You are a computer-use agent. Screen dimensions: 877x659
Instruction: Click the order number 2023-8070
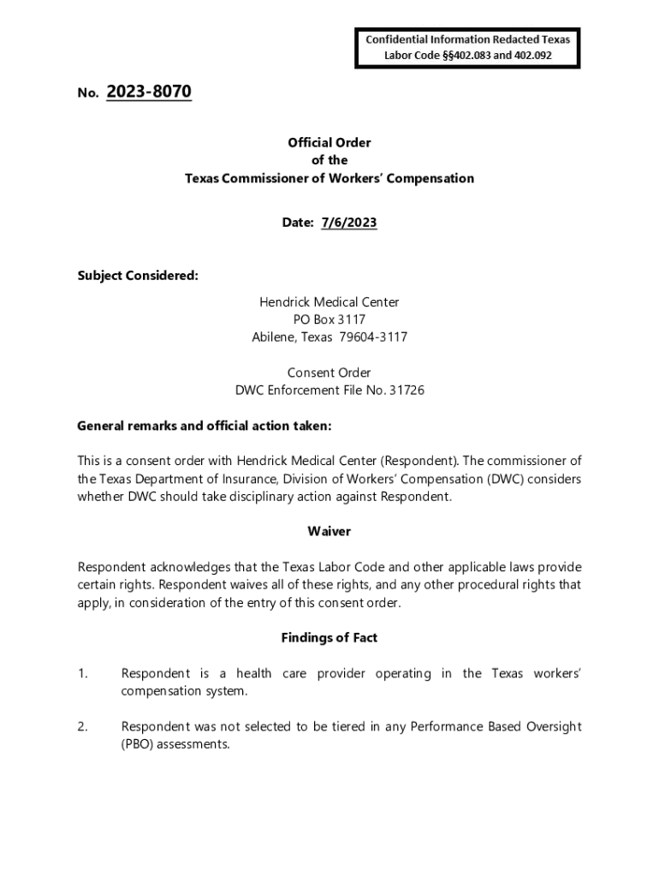149,92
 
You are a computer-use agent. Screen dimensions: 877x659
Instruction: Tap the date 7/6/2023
348,223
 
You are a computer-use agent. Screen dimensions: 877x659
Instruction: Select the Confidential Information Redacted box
467,48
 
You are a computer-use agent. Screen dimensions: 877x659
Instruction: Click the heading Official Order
329,143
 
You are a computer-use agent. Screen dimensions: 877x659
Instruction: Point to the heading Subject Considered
138,276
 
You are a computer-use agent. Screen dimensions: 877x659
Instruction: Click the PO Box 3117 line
329,319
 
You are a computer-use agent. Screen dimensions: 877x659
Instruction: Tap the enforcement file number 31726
407,391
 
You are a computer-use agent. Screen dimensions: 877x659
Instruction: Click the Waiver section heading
329,532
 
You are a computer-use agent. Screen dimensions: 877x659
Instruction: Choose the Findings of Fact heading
329,638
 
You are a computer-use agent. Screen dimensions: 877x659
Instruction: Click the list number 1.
83,674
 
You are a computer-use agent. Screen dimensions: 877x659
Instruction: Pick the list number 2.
83,727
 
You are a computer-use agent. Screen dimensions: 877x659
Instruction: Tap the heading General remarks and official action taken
204,426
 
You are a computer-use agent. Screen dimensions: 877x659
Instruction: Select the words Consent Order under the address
329,373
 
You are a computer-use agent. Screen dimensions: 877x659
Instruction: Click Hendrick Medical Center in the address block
329,302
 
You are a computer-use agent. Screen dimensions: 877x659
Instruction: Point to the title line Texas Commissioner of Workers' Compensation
329,179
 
